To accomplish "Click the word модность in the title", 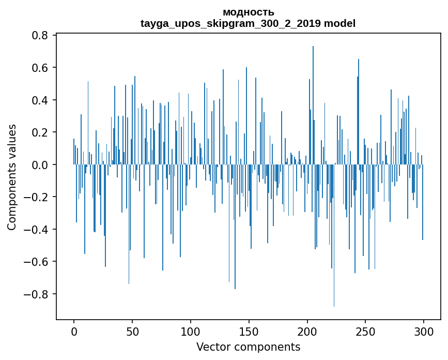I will tap(248, 12).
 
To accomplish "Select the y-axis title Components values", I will tap(12, 177).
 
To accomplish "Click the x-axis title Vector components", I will tap(248, 347).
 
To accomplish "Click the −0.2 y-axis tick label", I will tap(37, 197).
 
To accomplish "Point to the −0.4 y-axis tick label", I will tap(37, 230).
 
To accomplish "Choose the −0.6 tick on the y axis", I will tap(37, 262).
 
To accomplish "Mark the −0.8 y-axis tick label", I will tap(37, 294).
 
